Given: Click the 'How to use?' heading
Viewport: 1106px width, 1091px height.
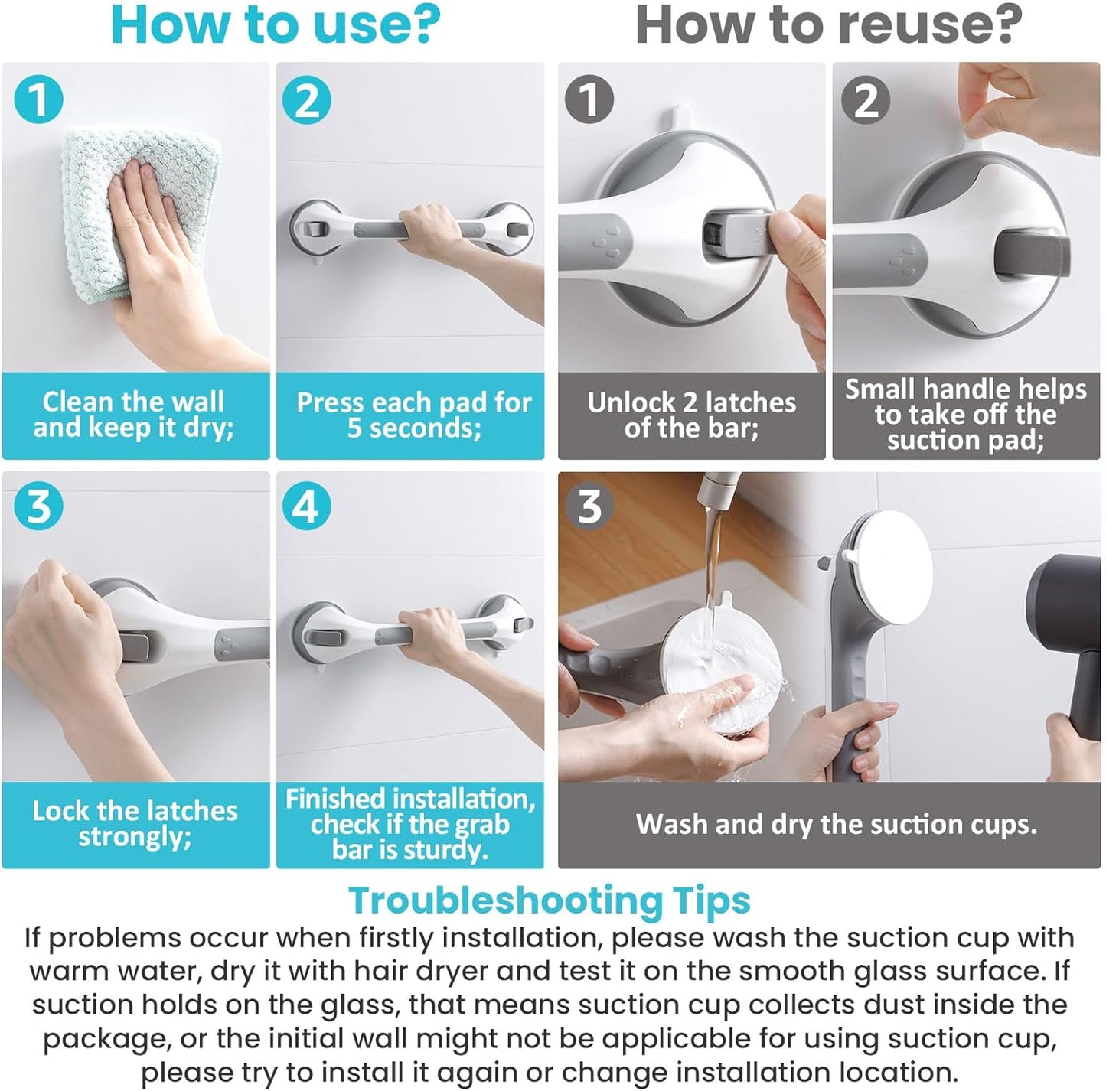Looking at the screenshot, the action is [x=276, y=25].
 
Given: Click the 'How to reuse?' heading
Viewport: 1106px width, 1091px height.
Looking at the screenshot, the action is [x=829, y=25].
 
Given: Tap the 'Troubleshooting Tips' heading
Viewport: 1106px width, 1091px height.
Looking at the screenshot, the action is [x=550, y=900].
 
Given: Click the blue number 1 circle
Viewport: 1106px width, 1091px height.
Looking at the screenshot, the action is [x=38, y=99].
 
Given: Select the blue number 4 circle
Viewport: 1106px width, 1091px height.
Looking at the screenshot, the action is [x=306, y=506].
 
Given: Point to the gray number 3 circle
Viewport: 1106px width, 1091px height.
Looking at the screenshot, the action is [x=589, y=506].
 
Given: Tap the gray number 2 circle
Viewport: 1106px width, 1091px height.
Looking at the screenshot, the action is [x=866, y=99].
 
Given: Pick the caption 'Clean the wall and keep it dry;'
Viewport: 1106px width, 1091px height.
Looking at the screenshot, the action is [x=134, y=415].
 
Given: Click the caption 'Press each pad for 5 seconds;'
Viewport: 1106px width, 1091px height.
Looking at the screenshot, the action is [x=413, y=415].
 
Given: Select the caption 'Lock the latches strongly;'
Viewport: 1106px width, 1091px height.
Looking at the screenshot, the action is [x=135, y=824].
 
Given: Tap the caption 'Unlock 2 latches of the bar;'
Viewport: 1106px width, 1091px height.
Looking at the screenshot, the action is [x=692, y=415].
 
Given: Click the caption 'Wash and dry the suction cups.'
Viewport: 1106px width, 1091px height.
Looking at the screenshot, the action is [x=837, y=824].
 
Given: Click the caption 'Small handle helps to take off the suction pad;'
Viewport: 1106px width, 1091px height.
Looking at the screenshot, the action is [x=965, y=415].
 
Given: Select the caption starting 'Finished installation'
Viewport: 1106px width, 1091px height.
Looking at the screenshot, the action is [x=409, y=824].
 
